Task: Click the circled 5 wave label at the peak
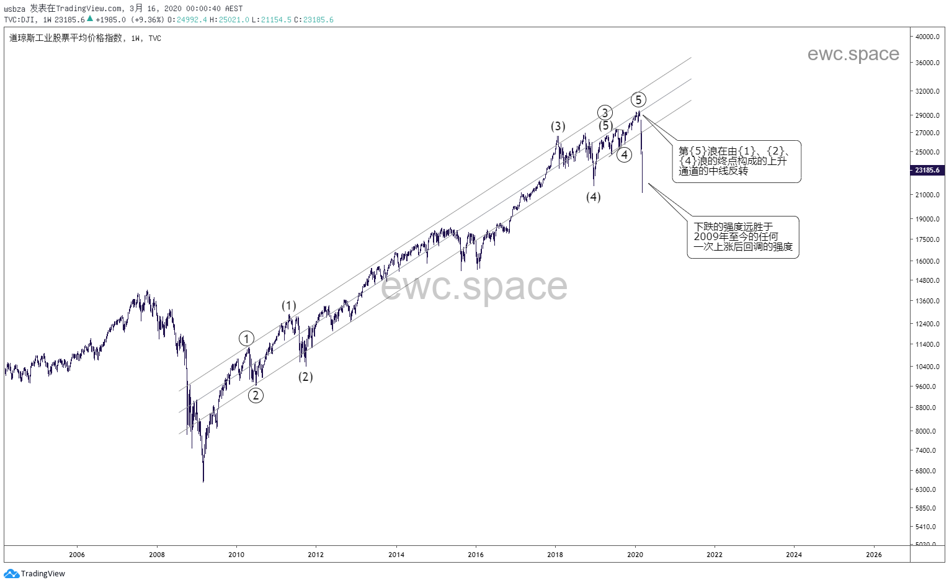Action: pos(638,99)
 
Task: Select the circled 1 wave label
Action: pos(247,338)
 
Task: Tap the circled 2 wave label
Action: pos(256,395)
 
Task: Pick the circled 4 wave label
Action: pos(624,154)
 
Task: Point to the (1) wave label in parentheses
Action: pos(289,305)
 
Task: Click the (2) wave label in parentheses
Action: pos(305,377)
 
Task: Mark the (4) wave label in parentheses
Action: pos(594,197)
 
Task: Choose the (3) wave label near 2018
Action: pos(558,126)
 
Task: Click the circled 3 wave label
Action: pos(605,112)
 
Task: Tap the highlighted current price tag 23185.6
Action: pos(927,170)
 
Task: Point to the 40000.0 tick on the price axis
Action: pos(927,37)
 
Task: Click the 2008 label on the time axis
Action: pos(157,555)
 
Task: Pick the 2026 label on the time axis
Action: pos(873,555)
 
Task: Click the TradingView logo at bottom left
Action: pos(35,574)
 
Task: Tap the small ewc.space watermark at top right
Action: pos(853,54)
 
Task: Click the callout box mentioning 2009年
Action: pos(742,237)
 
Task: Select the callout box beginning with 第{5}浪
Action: pos(736,161)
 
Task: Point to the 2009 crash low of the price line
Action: pos(203,481)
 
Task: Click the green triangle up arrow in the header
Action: pos(90,19)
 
